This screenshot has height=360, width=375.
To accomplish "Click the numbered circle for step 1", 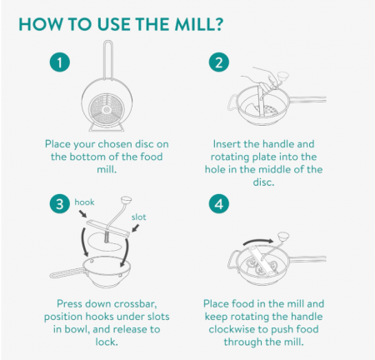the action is coord(60,62).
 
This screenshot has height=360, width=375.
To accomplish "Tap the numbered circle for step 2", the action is coord(219,62).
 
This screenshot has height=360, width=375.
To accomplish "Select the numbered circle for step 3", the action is coord(60,204).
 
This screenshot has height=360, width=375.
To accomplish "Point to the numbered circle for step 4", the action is coord(219,204).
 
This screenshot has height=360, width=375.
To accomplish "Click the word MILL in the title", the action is coord(194,24).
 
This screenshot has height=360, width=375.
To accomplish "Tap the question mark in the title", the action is coord(219,24).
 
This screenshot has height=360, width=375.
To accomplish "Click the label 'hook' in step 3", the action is coord(84,202).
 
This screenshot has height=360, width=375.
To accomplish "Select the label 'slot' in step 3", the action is coord(138,217).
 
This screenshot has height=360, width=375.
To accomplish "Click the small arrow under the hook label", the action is coord(82,213).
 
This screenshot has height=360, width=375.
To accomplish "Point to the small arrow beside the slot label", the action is coord(136,228).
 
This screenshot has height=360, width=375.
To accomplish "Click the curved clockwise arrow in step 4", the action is coord(258,241).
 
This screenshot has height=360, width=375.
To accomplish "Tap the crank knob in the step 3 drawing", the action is coord(126,199).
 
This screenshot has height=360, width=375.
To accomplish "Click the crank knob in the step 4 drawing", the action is coord(283,236).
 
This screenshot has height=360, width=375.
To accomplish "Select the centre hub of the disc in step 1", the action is coord(106,110).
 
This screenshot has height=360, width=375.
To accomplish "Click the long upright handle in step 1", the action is coord(107,60).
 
